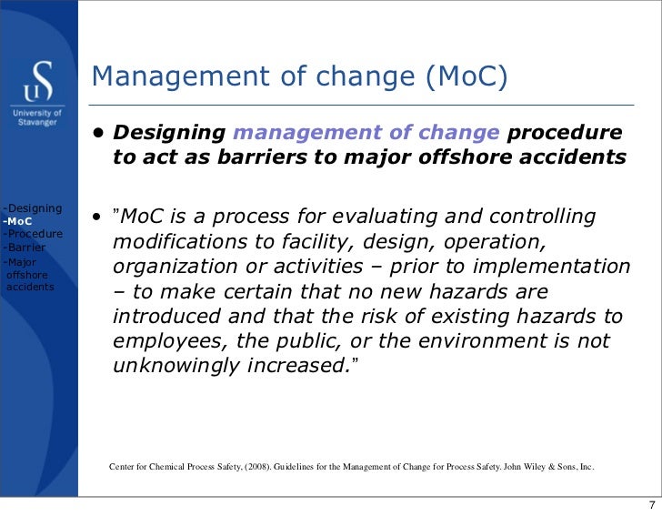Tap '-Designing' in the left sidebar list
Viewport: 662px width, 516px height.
click(32, 208)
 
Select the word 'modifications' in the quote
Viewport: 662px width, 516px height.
click(171, 243)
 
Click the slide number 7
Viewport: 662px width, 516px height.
click(650, 505)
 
